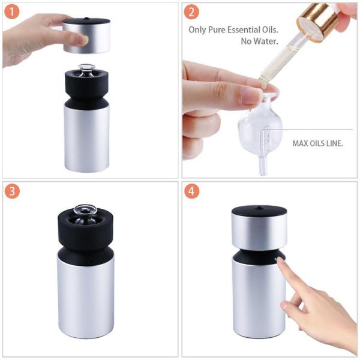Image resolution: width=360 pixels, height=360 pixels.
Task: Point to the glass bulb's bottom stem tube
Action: [262, 164]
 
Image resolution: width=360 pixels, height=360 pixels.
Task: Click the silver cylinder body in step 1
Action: [87, 138]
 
